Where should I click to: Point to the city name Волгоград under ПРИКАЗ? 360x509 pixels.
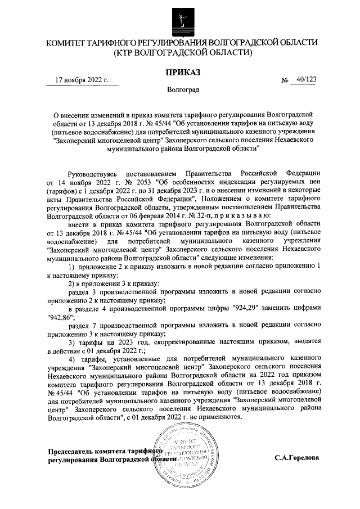[182, 89]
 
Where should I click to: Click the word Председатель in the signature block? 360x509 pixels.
[70, 451]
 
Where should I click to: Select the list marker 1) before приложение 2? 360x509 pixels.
[71, 265]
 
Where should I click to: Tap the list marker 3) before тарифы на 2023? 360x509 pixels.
[71, 342]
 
